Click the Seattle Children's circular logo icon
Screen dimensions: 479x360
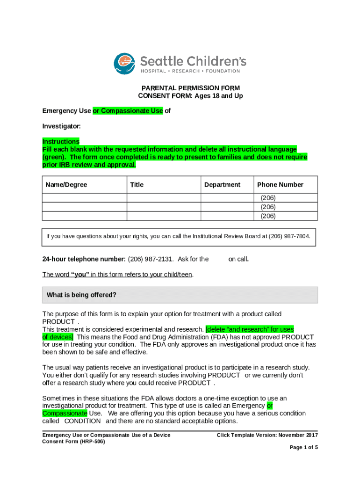(126, 64)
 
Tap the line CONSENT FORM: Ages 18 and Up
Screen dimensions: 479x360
(191, 96)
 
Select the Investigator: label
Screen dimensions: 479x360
(62, 126)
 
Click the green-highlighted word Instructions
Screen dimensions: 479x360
(61, 141)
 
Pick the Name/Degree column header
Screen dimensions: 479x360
(66, 185)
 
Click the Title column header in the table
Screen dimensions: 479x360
(137, 185)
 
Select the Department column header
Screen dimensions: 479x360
(222, 185)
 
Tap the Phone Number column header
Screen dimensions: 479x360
(280, 185)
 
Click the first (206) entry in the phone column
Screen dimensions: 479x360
(268, 198)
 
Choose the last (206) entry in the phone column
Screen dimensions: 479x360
(268, 216)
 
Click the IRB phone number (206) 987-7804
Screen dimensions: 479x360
(289, 236)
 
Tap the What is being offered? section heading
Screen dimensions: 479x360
(82, 295)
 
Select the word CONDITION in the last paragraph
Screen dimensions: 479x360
(82, 421)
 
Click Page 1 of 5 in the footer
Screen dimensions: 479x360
(304, 448)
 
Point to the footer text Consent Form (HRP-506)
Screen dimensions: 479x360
(74, 442)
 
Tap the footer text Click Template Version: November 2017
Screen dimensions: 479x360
(267, 435)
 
